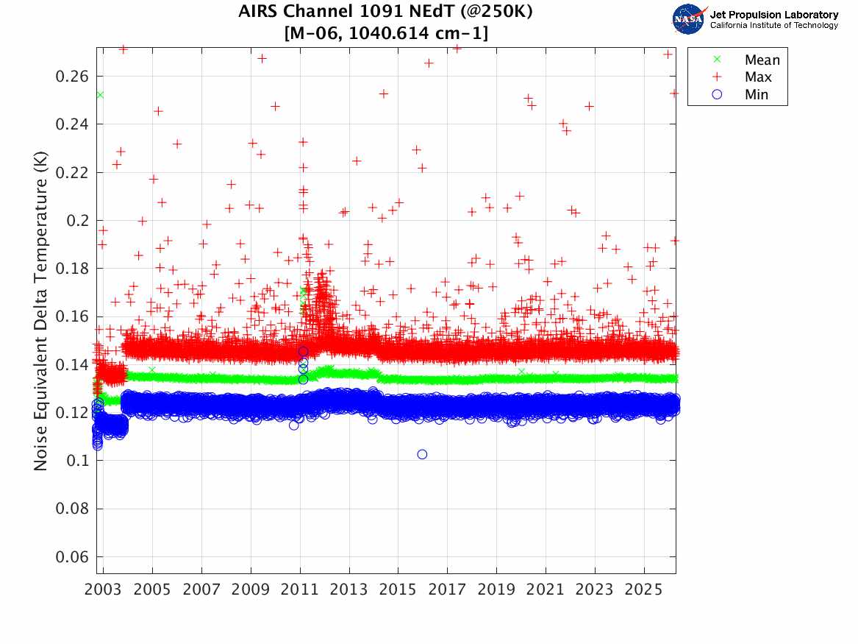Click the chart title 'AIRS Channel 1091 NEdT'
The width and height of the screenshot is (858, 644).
[385, 13]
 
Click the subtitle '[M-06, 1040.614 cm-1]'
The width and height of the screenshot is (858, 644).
[385, 32]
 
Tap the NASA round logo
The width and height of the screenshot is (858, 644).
[688, 19]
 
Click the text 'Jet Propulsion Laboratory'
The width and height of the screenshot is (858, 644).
[773, 14]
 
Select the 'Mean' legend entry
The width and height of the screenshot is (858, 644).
[762, 60]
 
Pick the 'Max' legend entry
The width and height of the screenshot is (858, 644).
[758, 77]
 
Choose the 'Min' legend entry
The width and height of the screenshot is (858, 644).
[757, 94]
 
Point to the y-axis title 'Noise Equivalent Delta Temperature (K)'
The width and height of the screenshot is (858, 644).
[41, 311]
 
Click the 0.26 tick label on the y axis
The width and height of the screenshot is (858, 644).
[71, 77]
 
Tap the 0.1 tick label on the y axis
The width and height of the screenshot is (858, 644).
[76, 461]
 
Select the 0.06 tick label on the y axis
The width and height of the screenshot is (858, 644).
[71, 557]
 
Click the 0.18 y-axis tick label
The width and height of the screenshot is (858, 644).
[71, 269]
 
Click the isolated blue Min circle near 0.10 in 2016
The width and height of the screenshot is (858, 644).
[422, 454]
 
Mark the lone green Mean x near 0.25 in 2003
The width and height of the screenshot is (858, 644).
[100, 95]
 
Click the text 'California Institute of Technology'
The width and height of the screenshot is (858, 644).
[773, 26]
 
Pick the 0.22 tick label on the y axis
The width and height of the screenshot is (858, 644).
[71, 172]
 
